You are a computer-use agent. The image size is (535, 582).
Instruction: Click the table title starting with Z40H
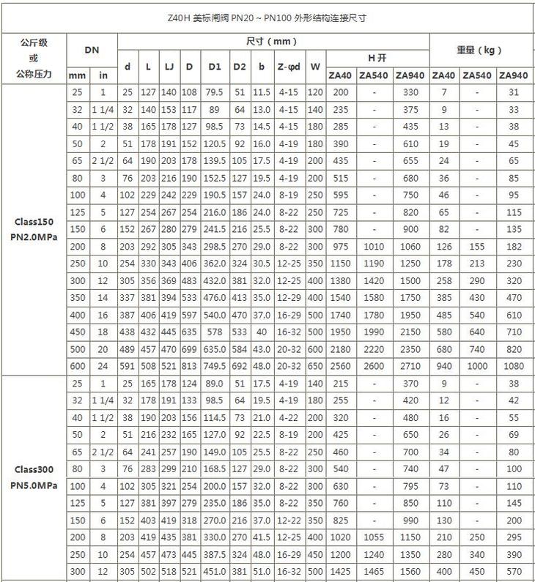267,17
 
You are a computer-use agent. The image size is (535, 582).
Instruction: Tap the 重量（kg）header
481,50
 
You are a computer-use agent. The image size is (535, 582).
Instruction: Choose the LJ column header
169,67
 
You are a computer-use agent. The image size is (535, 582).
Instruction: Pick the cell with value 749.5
215,366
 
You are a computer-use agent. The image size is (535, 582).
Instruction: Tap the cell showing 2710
410,366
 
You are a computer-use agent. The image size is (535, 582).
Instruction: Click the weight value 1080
516,366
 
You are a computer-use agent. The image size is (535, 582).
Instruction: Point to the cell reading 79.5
215,92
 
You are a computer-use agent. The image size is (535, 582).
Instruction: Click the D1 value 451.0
215,572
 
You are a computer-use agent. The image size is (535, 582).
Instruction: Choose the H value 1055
374,537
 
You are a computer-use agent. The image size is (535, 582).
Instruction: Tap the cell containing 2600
374,366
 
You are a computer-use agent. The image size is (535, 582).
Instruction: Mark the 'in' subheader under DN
103,75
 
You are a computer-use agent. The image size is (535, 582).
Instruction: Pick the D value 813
189,366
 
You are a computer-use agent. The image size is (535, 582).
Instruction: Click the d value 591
128,366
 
